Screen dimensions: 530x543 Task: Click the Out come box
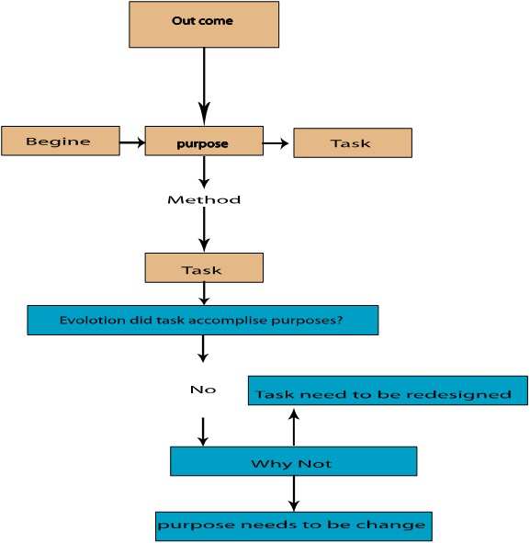pyautogui.click(x=204, y=24)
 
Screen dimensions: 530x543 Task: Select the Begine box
pyautogui.click(x=61, y=141)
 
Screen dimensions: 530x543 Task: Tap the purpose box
pyautogui.click(x=204, y=141)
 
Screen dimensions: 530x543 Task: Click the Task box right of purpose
pyautogui.click(x=353, y=142)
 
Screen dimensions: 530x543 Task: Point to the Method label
pyautogui.click(x=204, y=199)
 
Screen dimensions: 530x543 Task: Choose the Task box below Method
pyautogui.click(x=204, y=267)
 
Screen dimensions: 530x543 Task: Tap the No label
pyautogui.click(x=203, y=390)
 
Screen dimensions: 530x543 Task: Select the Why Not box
pyautogui.click(x=294, y=461)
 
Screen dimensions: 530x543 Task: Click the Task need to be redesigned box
pyautogui.click(x=388, y=390)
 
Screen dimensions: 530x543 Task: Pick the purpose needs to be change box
pyautogui.click(x=294, y=526)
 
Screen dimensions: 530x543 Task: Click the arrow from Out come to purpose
pyautogui.click(x=204, y=86)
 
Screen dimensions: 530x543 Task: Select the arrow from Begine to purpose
pyautogui.click(x=132, y=142)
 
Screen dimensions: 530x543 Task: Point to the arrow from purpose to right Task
pyautogui.click(x=276, y=143)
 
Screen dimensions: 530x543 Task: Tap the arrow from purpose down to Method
pyautogui.click(x=204, y=173)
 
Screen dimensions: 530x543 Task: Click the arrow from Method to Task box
pyautogui.click(x=204, y=230)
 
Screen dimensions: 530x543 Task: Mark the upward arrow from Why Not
pyautogui.click(x=294, y=427)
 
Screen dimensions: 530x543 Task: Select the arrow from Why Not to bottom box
pyautogui.click(x=294, y=493)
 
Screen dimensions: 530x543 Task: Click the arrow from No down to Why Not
pyautogui.click(x=203, y=432)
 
